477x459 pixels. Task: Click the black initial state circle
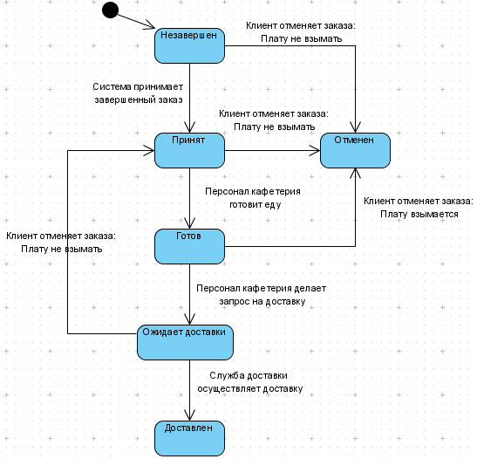tap(110, 10)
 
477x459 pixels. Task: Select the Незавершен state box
tap(189, 45)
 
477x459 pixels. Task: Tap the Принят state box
tap(189, 150)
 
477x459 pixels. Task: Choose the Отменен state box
tap(355, 150)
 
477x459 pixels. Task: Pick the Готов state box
tap(189, 246)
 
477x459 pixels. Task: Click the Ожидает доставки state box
tap(185, 342)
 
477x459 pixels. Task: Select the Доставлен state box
tap(189, 438)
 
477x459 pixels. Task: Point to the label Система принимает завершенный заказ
tap(138, 93)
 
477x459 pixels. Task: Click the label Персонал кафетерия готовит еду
tap(253, 198)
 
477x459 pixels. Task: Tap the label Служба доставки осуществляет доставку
tap(250, 382)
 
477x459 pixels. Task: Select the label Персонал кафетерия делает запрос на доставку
tap(262, 295)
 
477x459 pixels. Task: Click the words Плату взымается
tap(419, 214)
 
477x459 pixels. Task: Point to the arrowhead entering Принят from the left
tap(150, 150)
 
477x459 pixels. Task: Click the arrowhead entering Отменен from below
tap(355, 173)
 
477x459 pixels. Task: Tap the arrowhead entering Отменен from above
tap(355, 128)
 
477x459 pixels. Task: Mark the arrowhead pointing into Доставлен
tap(189, 416)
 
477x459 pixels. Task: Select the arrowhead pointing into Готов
tap(189, 224)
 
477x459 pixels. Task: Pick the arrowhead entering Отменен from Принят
tap(316, 150)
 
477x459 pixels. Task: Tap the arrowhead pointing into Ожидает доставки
tap(189, 320)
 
